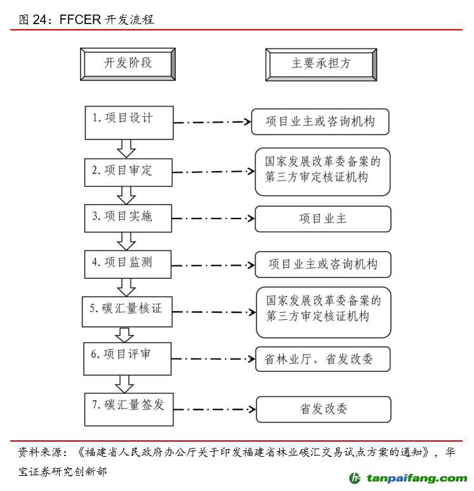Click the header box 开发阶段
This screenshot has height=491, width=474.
[128, 64]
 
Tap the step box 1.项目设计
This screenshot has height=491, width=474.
[129, 122]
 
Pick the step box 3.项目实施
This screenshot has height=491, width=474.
[128, 217]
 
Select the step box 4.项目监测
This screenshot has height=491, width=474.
[128, 263]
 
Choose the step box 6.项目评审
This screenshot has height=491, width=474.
[128, 357]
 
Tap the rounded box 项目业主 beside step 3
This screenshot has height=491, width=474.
[322, 219]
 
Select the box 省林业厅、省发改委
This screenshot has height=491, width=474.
[322, 359]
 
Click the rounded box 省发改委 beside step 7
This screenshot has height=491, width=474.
[323, 409]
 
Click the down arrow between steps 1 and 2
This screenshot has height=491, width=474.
[126, 148]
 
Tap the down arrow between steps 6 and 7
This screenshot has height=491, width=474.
[124, 383]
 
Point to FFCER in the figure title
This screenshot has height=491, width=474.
[80, 20]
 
